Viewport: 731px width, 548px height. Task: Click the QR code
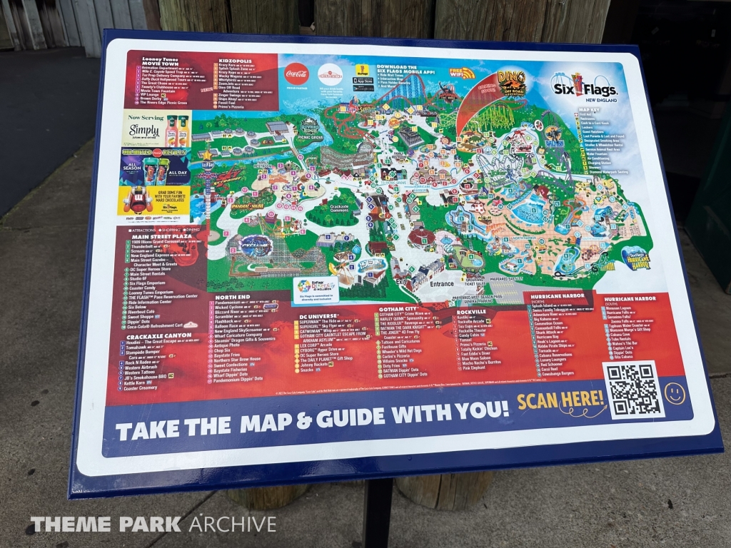tap(632, 388)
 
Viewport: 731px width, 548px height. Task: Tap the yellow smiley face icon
tap(675, 392)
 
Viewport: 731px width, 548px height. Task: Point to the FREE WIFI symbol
tap(462, 73)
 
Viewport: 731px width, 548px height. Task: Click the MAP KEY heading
tap(589, 109)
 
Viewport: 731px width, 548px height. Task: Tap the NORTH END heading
tap(228, 296)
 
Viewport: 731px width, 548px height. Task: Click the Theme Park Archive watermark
tap(153, 524)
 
